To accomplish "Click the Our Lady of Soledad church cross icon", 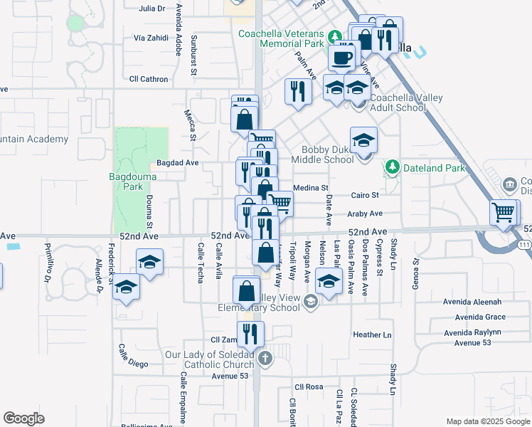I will (265, 359).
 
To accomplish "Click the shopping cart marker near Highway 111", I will (504, 211).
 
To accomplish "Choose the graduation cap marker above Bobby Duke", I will (363, 140).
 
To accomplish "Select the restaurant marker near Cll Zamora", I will (250, 334).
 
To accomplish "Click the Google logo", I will (23, 418).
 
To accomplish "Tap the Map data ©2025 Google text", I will (487, 421).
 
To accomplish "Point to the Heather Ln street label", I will (373, 334).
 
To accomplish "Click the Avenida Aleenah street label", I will (479, 302).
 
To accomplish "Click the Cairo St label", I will (365, 195).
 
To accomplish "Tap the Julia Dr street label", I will (152, 9).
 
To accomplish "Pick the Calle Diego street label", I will (133, 356).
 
